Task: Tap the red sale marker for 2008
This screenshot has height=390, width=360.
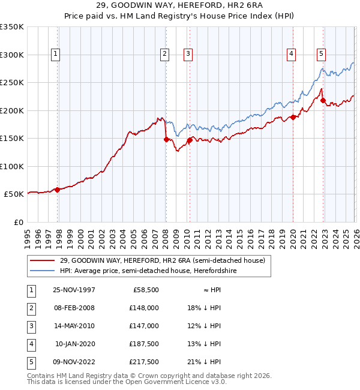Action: point(166,139)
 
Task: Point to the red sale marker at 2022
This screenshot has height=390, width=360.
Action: point(323,101)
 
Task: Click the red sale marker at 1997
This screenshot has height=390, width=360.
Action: point(58,190)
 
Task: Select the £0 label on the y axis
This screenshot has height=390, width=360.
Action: point(18,222)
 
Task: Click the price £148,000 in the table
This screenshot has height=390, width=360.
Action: point(144,308)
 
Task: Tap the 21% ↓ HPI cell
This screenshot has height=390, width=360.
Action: point(204,362)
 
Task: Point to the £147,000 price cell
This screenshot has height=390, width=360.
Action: point(144,326)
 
